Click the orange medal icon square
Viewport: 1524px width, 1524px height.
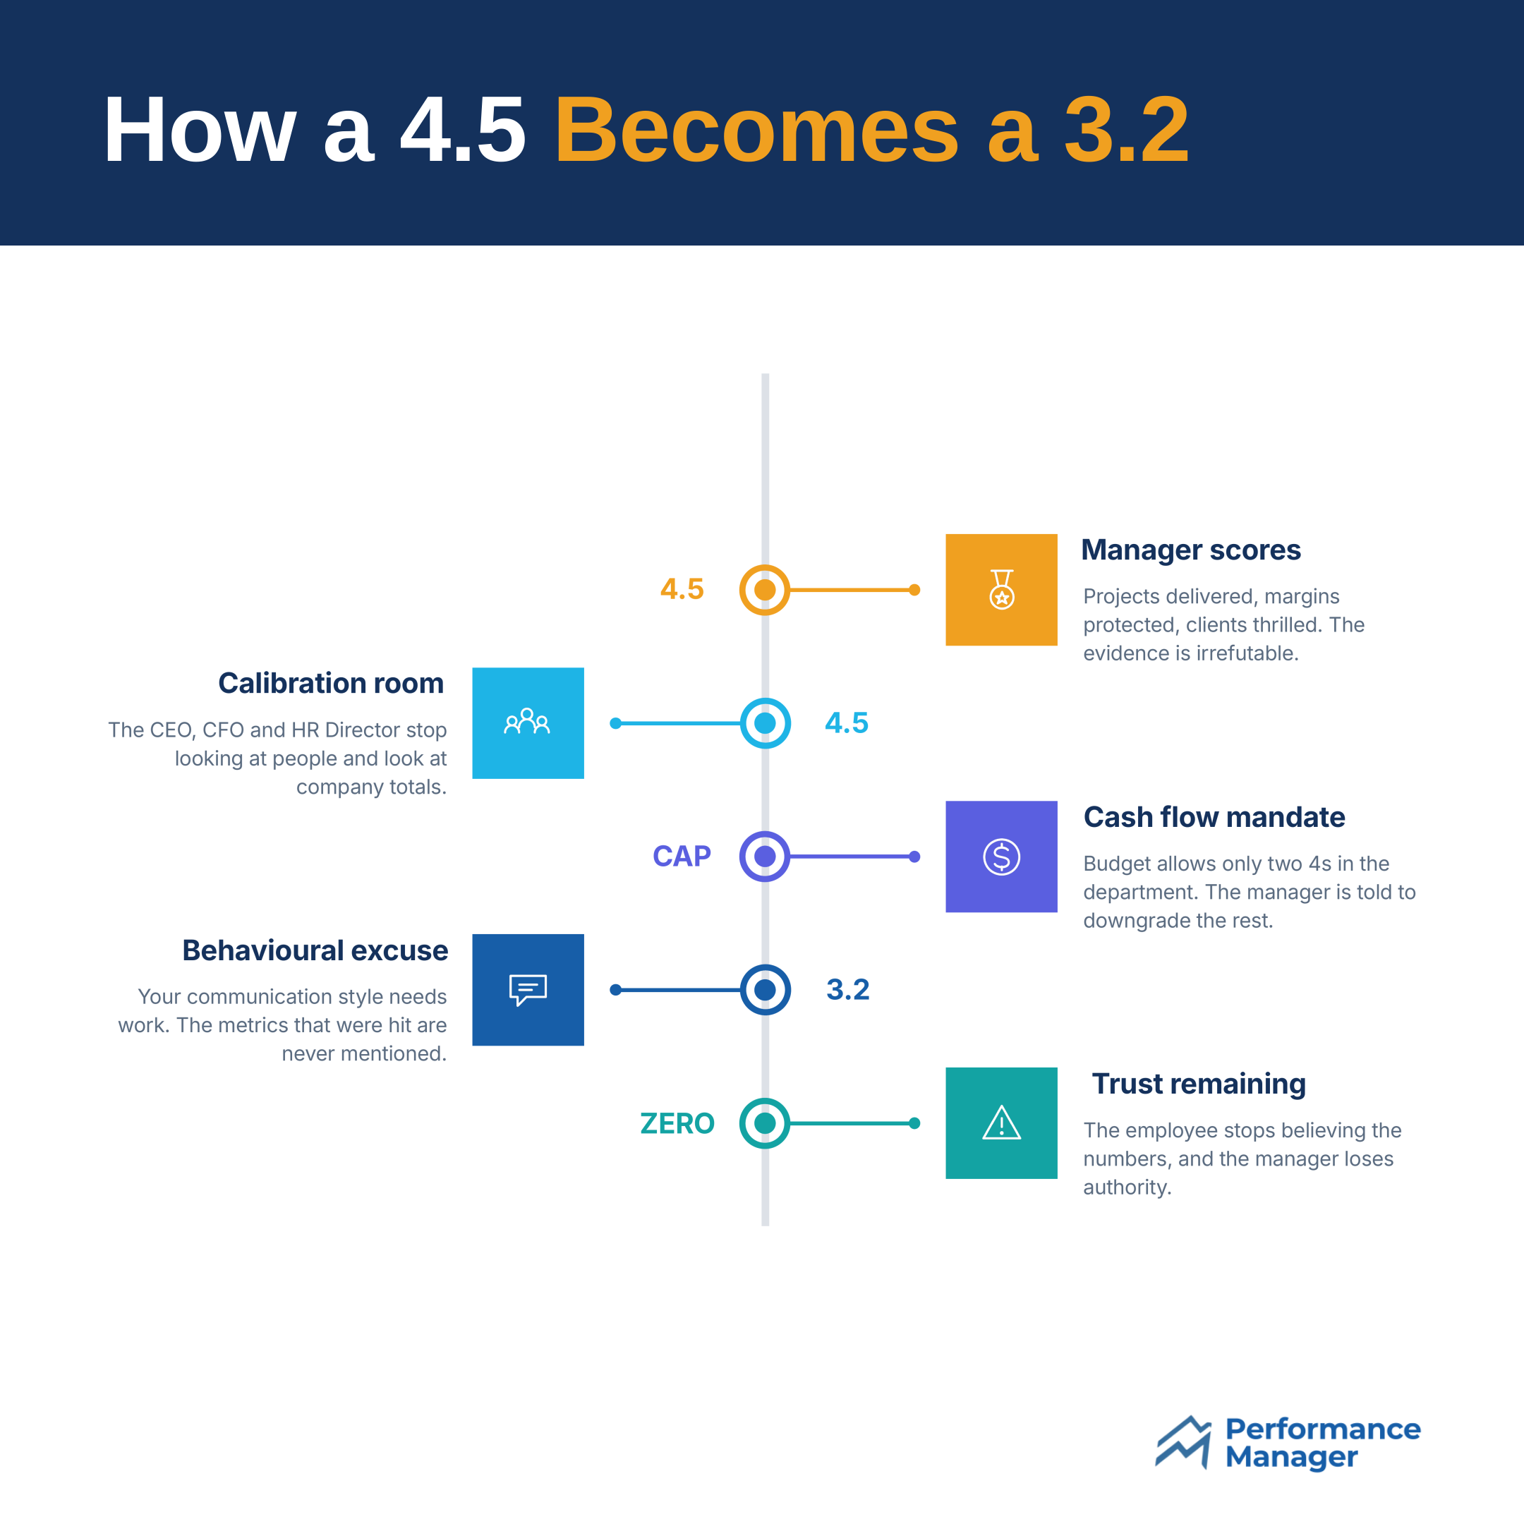point(1001,589)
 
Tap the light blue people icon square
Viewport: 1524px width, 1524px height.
point(528,722)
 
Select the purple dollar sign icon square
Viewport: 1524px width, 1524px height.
point(1001,856)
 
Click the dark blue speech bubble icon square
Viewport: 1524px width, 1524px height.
point(528,989)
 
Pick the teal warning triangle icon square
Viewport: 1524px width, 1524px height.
point(1001,1123)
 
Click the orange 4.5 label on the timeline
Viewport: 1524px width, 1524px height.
point(682,589)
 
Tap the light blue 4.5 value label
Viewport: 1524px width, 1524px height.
point(847,722)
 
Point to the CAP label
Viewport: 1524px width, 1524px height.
point(682,856)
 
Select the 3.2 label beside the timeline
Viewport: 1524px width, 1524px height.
point(848,989)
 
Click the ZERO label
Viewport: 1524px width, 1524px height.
point(677,1123)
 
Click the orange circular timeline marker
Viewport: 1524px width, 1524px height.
point(764,589)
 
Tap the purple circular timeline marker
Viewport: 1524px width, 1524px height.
point(764,856)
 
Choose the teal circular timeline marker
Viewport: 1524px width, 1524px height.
point(764,1123)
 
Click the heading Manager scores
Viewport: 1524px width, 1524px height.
point(1190,550)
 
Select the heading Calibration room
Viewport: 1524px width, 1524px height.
point(332,683)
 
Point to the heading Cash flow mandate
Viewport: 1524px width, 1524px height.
point(1214,817)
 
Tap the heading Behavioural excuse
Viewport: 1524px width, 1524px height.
point(315,950)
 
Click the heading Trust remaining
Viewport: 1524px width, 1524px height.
point(1199,1084)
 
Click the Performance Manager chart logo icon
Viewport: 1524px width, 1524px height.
point(1183,1443)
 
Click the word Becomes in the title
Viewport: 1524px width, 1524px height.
point(757,129)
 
